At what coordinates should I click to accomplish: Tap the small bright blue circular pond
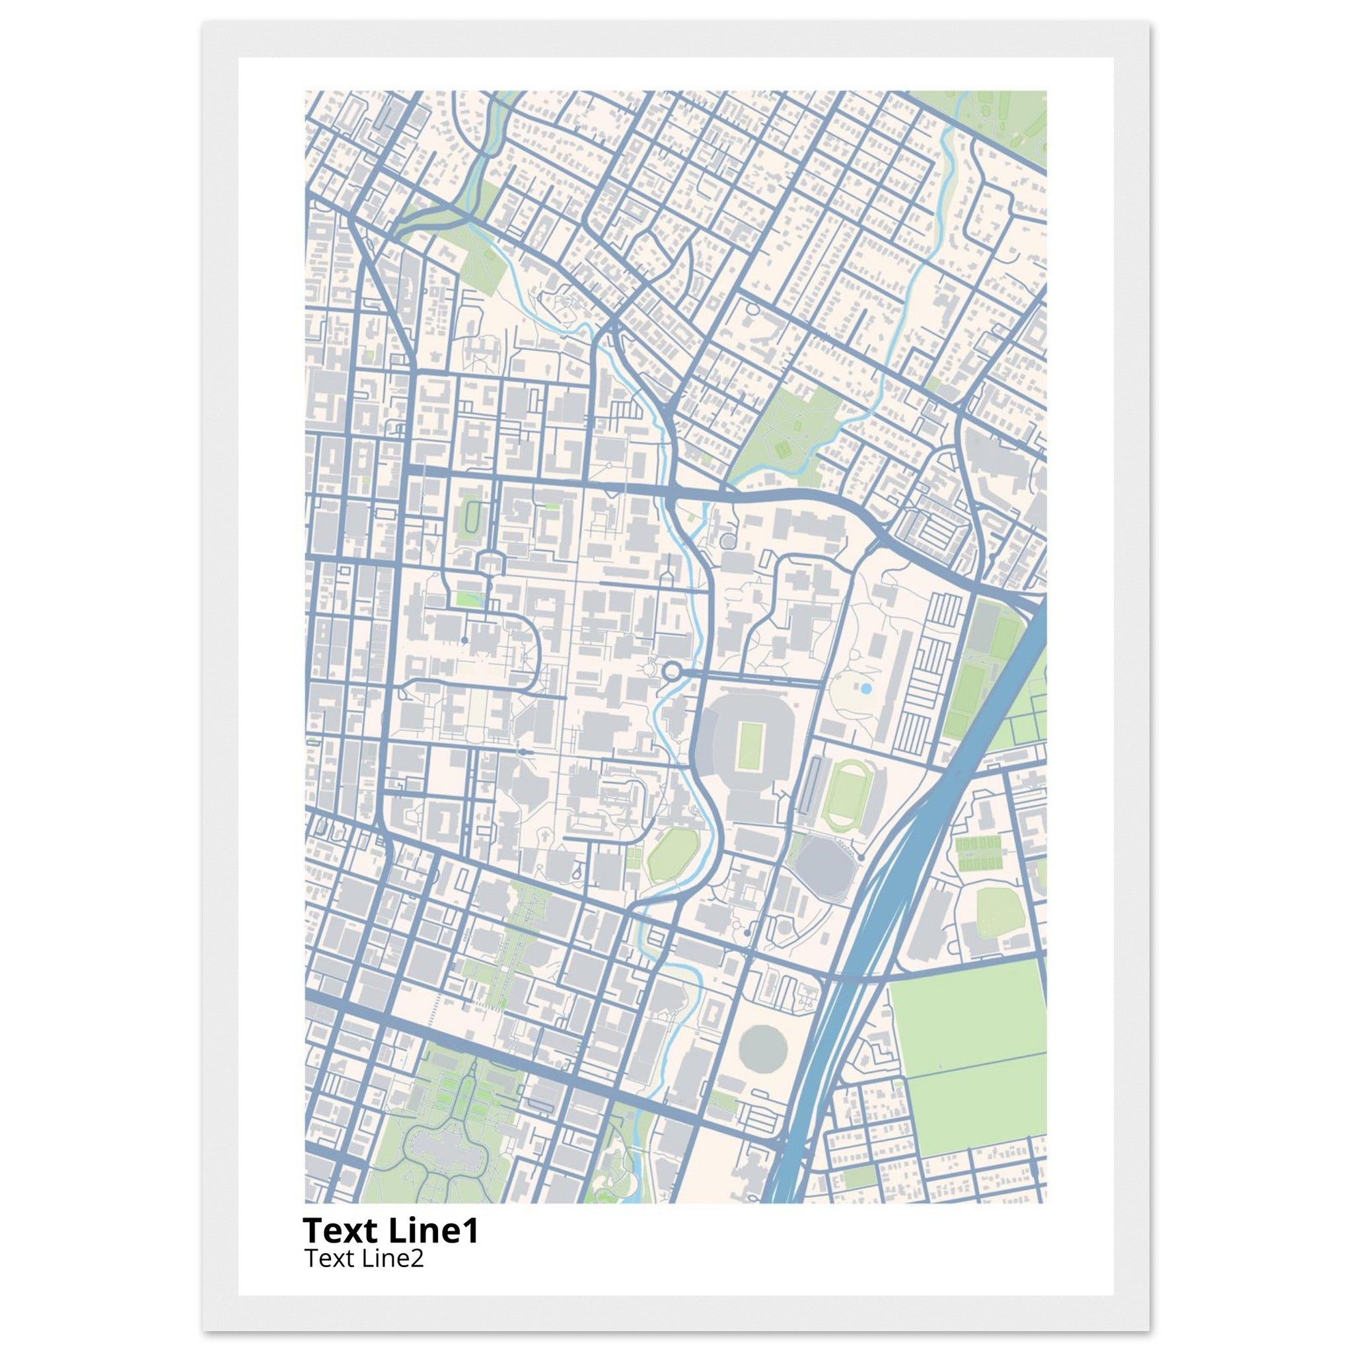coord(865,689)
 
